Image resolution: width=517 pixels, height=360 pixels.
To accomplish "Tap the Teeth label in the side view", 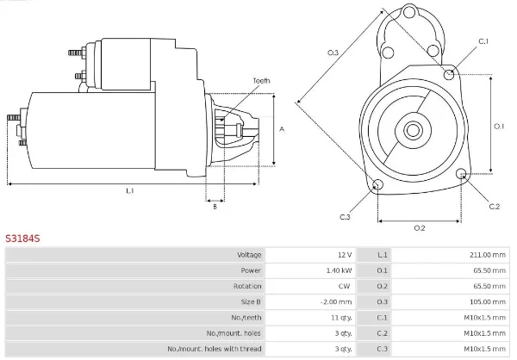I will tap(261, 81).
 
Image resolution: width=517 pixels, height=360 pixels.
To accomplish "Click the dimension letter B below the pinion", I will tap(215, 206).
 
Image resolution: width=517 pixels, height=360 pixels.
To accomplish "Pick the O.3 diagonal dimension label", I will tap(333, 54).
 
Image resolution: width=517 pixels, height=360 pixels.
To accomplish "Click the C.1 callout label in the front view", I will tap(483, 41).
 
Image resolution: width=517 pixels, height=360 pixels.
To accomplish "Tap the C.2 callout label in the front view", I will tap(494, 207).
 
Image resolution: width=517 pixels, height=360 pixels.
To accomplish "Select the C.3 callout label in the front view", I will tap(345, 216).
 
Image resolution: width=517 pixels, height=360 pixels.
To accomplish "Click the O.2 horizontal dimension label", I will tap(420, 227).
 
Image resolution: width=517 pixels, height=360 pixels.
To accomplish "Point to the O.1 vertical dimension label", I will tap(499, 127).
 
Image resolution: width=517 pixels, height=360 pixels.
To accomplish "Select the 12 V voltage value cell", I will tap(345, 255).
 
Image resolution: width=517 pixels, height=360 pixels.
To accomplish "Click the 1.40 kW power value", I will tap(339, 270).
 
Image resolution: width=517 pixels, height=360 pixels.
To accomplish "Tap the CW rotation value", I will tap(346, 286).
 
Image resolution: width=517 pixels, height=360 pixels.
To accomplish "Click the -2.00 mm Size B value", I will tap(337, 301).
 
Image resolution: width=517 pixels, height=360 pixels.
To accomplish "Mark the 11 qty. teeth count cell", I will tap(340, 317).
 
